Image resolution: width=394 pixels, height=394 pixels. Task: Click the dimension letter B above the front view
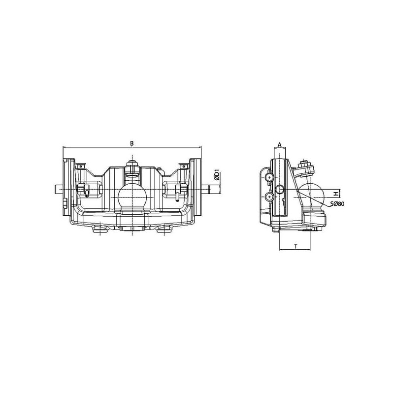coord(131,143)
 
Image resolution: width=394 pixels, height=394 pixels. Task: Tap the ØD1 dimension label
coord(217,175)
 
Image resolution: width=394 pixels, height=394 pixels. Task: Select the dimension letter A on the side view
coord(279,145)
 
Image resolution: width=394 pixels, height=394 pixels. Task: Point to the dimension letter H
coord(335,194)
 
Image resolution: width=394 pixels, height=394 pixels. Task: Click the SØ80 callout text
coord(337,204)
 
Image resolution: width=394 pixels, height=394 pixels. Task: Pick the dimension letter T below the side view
coord(296,246)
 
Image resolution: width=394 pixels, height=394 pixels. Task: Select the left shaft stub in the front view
coord(59,189)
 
